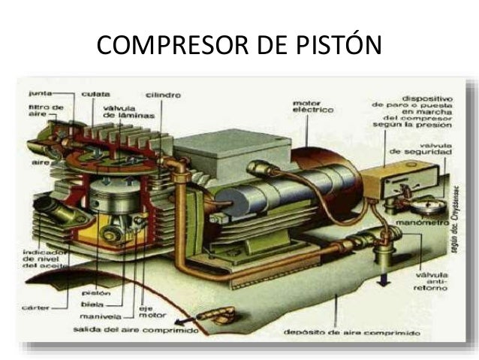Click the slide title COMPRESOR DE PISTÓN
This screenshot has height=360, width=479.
[x=239, y=46]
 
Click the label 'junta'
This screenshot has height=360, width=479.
[x=39, y=94]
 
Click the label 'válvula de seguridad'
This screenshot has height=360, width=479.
[x=426, y=150]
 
